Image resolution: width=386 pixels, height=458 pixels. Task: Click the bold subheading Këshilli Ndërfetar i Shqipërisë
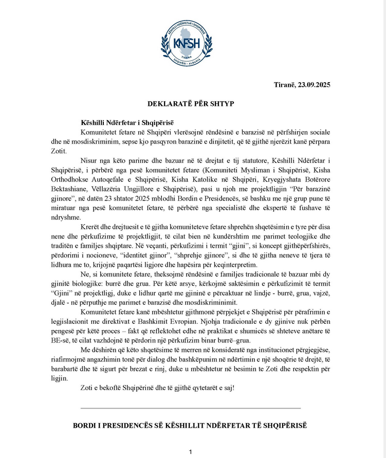(127, 123)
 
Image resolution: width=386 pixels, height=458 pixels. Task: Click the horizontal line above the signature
(191, 408)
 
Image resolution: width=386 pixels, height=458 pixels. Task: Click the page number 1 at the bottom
(190, 452)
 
